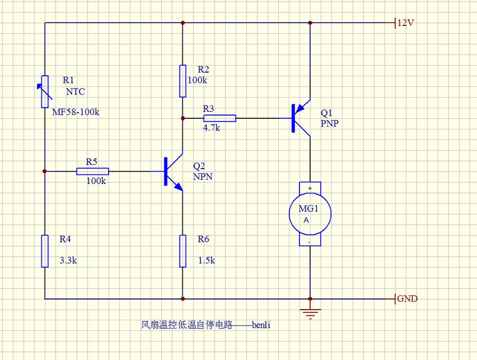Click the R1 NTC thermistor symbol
pos(45,91)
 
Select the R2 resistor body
pos(183,81)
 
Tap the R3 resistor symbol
pos(219,118)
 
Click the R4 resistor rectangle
pos(45,251)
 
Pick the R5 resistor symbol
pos(93,171)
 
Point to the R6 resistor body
pos(183,251)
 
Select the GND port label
pos(407,298)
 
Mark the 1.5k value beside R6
pos(206,261)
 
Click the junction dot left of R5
pos(45,171)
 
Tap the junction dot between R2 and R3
pos(183,118)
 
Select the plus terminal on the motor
pos(310,188)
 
